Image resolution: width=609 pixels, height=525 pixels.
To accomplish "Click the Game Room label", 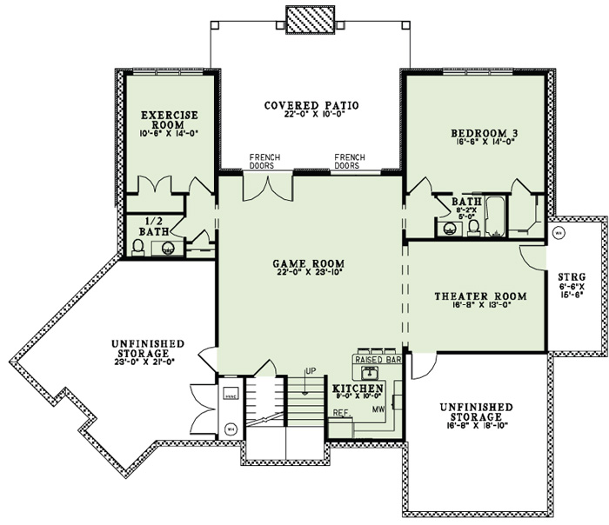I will click(309, 263).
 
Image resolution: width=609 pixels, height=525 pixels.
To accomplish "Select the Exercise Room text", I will click(170, 119).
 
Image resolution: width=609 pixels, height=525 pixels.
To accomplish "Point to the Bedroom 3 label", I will click(485, 133).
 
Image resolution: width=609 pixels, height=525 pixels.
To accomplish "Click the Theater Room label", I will click(476, 296).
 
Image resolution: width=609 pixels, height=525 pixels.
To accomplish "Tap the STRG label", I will click(572, 278).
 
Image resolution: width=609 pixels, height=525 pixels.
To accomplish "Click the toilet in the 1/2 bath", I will click(138, 247).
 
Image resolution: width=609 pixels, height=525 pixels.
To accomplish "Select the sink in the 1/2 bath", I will click(168, 248).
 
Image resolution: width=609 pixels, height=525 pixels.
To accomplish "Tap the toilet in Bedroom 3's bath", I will click(473, 228).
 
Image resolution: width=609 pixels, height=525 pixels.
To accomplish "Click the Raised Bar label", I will click(377, 358).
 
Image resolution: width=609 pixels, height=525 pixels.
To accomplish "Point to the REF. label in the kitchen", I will click(341, 412).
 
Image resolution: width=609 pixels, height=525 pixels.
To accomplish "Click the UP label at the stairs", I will click(310, 372).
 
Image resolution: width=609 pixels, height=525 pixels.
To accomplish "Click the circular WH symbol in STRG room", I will click(559, 233).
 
